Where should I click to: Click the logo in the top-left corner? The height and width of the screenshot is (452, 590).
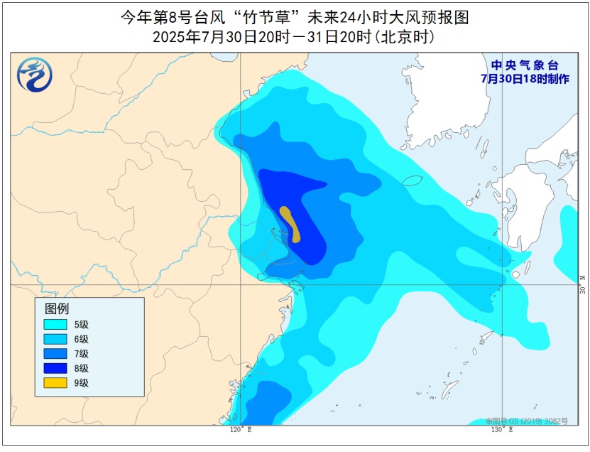[32, 75]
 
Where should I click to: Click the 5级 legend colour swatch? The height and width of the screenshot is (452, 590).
[56, 324]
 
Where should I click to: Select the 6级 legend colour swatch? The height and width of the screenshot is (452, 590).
[56, 339]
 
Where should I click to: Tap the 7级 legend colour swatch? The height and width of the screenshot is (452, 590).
[56, 354]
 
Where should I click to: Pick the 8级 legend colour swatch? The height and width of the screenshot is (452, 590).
[56, 368]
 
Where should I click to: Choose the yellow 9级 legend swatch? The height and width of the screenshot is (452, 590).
[56, 383]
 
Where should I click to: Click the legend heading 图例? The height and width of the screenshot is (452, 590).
[57, 308]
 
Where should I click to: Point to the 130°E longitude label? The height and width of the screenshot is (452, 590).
[502, 429]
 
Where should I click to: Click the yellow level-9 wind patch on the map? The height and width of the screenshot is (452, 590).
[290, 223]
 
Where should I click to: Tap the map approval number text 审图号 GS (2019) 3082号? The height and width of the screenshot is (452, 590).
[527, 421]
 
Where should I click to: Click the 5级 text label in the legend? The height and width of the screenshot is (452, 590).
[81, 324]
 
